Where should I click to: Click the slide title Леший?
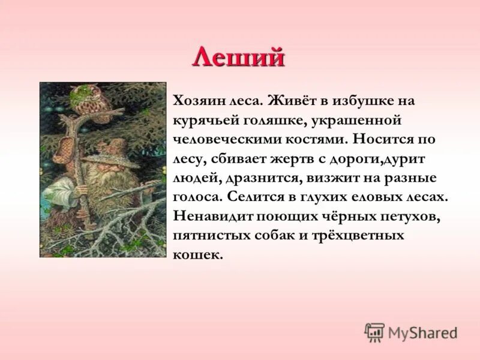coord(239,58)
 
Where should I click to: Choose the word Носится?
coord(382,139)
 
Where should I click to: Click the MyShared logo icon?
coord(374,332)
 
